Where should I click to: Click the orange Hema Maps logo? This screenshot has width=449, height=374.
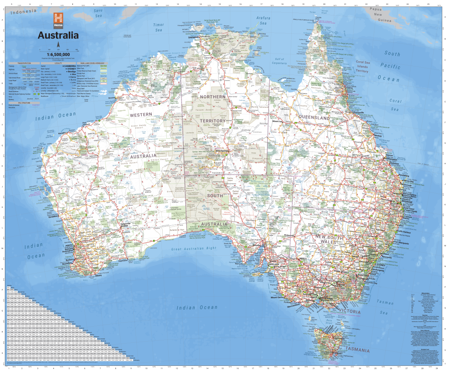[x=58, y=20]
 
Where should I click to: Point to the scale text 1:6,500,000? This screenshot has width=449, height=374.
[x=58, y=54]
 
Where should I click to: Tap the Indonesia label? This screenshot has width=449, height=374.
[x=24, y=13]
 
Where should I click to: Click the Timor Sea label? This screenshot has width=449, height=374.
[x=158, y=27]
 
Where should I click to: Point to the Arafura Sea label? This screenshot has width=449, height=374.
[x=263, y=20]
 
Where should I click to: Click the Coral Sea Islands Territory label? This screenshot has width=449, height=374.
[x=363, y=66]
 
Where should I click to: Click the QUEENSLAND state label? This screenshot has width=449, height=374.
[x=314, y=118]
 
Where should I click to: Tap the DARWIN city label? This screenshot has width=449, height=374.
[x=194, y=37]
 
